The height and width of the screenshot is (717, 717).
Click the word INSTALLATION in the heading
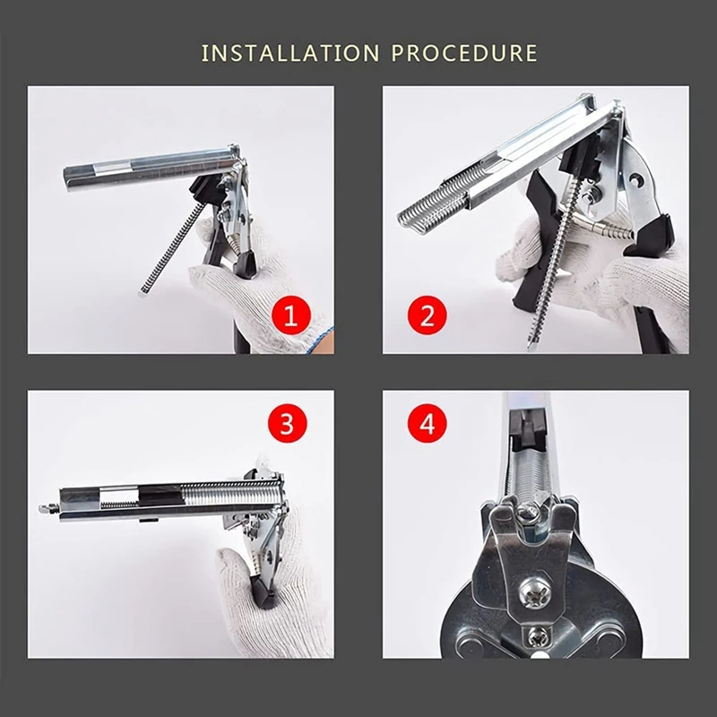coord(290,53)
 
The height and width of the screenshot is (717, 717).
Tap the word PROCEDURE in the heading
coord(464,53)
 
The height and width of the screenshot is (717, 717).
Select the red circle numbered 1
coord(291,315)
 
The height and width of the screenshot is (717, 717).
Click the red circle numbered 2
coord(428,315)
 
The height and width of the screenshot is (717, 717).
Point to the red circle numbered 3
coord(287,423)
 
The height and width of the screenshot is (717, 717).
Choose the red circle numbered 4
coord(428,423)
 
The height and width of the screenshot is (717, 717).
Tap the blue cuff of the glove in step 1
coord(320,340)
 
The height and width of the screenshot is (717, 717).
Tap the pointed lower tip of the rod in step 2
coord(531,348)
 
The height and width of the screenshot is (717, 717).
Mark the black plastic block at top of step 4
coord(527,429)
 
